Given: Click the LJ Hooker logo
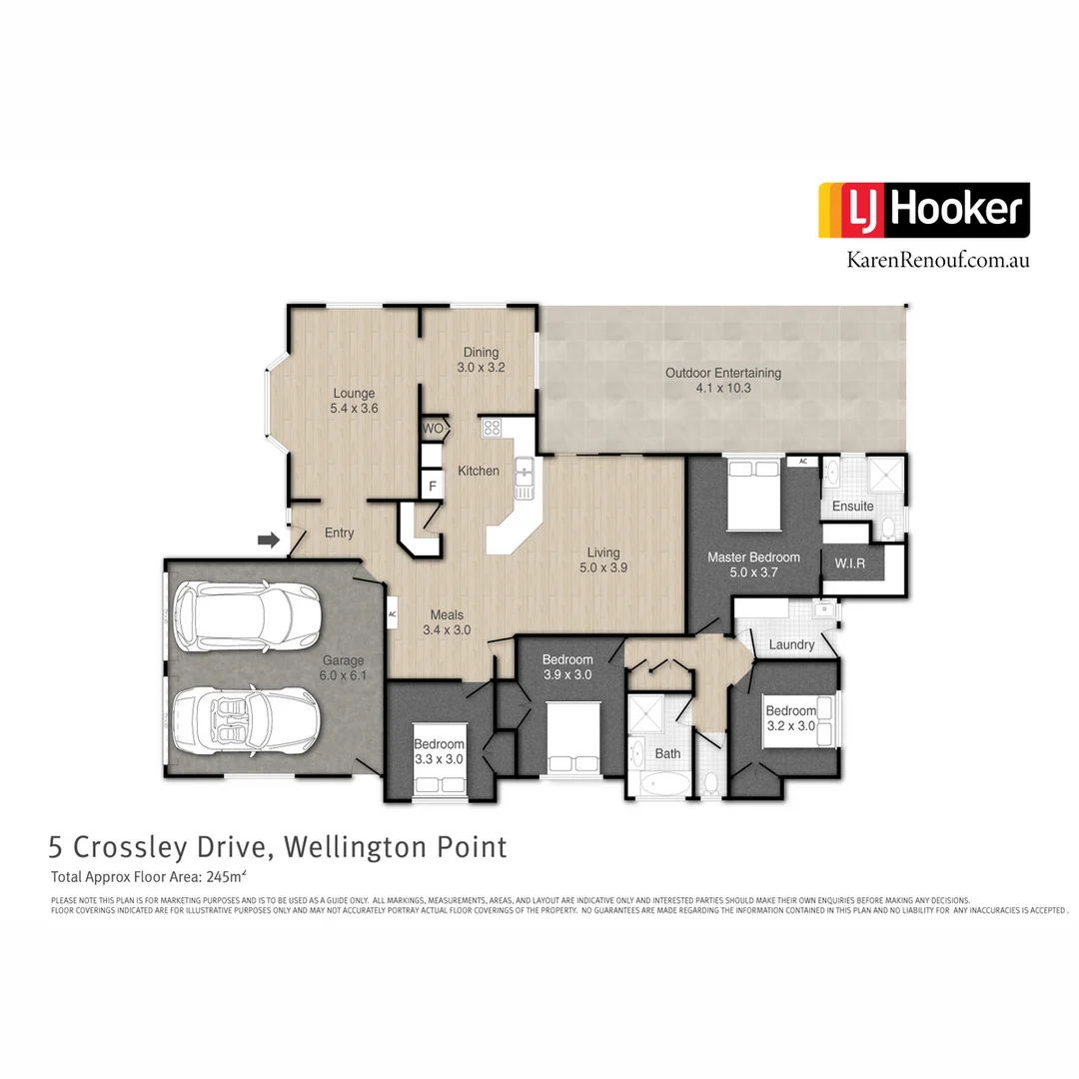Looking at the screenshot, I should tap(923, 210).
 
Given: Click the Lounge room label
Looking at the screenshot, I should tap(354, 401).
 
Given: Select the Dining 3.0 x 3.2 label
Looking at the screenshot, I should tap(481, 360).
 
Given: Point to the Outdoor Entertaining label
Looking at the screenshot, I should tap(723, 380).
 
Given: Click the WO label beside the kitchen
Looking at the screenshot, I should tap(433, 429).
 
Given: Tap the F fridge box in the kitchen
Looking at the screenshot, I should tap(432, 487).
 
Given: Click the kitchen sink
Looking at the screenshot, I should tap(524, 478).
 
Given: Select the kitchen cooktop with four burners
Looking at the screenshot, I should tap(492, 429).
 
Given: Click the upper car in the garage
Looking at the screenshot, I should tap(246, 612).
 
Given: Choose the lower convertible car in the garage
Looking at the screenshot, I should tap(246, 718).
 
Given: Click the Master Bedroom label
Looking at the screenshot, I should tap(753, 564).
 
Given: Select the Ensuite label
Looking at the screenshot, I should tap(852, 507).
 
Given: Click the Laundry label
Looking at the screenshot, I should tap(791, 645).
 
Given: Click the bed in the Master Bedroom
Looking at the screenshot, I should tap(753, 494).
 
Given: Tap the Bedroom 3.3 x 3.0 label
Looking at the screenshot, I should tap(440, 751).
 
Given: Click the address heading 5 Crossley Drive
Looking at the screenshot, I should tap(278, 847).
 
